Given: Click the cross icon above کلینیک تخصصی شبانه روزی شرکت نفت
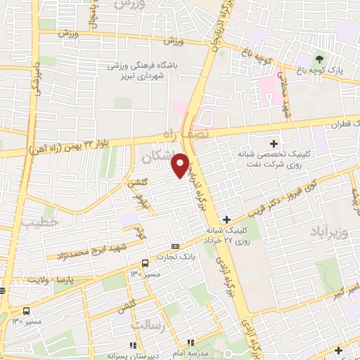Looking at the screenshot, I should click(274, 143).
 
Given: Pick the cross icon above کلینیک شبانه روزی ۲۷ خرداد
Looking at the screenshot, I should click(226, 220).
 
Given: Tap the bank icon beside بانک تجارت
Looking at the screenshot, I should click(175, 246).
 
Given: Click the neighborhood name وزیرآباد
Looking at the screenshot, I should click(328, 231).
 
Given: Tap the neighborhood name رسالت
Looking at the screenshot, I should click(147, 325).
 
